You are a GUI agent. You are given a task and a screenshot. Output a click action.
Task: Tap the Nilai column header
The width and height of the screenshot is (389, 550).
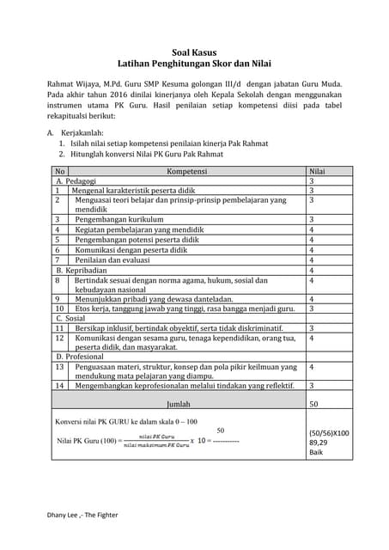click(x=317, y=172)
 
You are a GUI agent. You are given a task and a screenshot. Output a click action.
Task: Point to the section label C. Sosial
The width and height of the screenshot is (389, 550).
click(x=70, y=318)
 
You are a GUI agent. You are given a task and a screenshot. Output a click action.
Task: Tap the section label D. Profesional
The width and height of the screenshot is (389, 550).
click(x=82, y=356)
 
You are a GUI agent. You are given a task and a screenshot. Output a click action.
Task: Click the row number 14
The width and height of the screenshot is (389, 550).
click(x=59, y=386)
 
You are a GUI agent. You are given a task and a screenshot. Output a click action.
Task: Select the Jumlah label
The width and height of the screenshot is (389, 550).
click(x=179, y=402)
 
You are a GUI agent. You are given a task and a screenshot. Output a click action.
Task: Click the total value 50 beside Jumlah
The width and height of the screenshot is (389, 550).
click(x=314, y=402)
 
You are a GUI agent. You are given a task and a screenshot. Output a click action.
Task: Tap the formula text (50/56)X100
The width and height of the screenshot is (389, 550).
click(x=328, y=433)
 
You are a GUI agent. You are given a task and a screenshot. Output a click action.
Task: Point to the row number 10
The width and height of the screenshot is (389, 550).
click(x=59, y=308)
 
